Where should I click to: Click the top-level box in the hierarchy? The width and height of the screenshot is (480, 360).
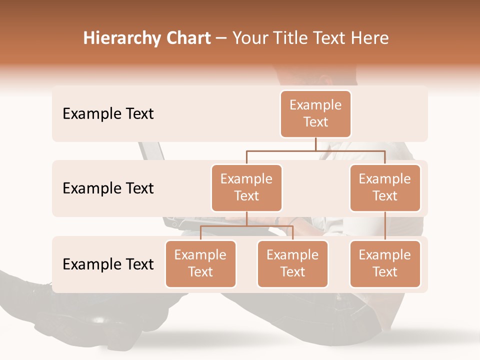(315, 113)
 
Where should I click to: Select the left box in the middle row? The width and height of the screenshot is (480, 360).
(246, 187)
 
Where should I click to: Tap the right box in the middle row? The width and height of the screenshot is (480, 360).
(385, 187)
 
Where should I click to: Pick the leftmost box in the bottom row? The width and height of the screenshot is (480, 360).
(200, 263)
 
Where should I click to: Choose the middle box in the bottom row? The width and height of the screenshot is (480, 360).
(292, 263)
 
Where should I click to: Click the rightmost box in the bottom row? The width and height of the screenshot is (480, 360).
(385, 263)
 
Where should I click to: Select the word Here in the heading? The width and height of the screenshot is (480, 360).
(370, 38)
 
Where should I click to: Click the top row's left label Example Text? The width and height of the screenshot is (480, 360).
(108, 113)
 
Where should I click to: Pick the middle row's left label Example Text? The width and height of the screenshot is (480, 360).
(108, 188)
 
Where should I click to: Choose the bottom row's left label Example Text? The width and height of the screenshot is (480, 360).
(108, 264)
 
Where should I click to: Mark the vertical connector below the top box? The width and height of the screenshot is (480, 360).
(315, 144)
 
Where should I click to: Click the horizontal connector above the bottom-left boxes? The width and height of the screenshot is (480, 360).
(246, 226)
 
